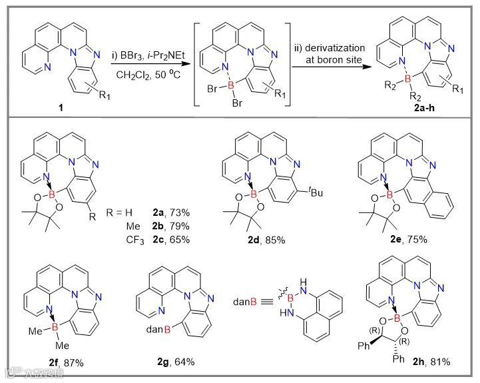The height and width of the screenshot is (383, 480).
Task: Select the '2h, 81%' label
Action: point(430,362)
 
